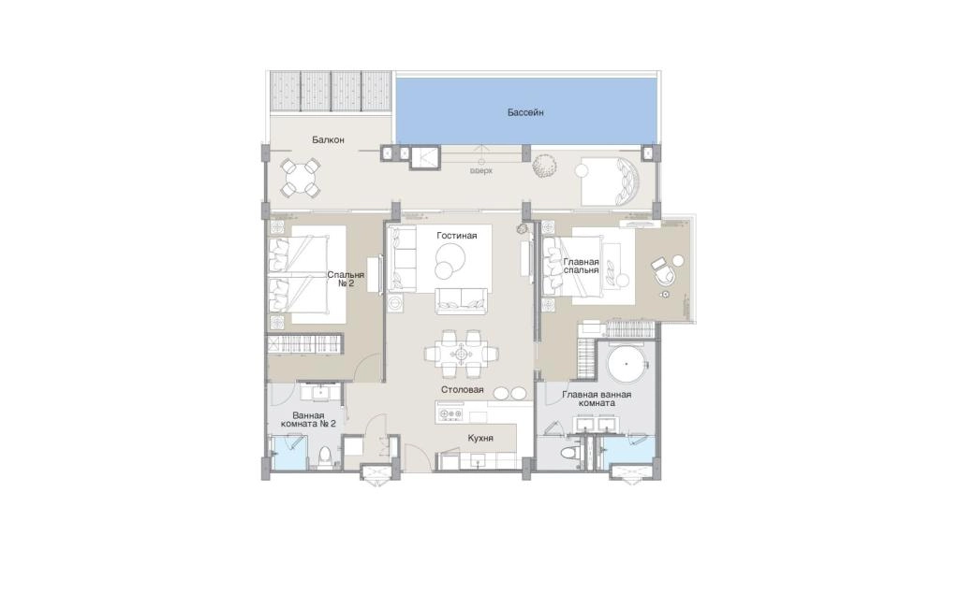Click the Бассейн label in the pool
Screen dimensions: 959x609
525,112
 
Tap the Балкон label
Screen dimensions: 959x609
328,140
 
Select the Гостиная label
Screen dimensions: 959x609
456,235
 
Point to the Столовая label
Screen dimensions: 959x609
463,390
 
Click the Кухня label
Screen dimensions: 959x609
480,438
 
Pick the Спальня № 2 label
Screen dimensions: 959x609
346,279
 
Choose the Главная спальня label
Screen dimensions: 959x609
581,266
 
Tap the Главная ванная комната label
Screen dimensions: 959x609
597,399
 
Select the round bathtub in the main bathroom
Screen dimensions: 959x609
627,364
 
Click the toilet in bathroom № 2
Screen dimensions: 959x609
326,456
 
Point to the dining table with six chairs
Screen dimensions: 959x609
461,354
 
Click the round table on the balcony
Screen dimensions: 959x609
300,177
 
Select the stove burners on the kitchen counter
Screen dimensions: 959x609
450,415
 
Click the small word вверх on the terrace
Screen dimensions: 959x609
480,171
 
